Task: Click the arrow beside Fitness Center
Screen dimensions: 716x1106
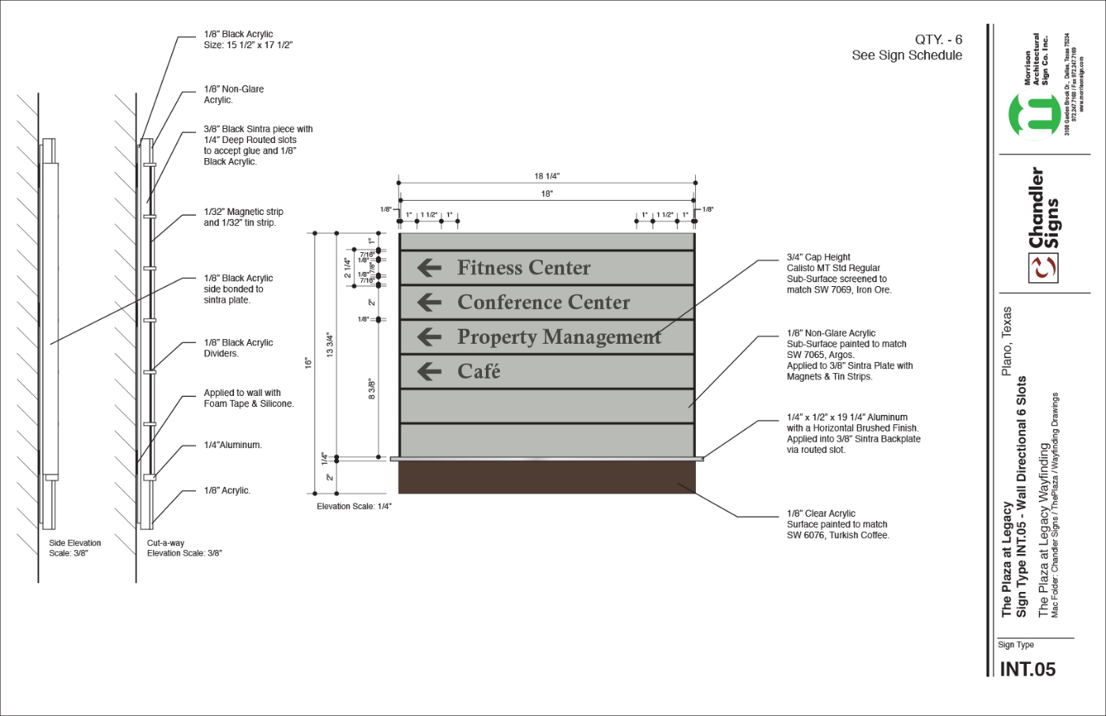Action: [429, 268]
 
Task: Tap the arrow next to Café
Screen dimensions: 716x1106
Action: [429, 371]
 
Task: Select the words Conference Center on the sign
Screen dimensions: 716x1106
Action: [544, 303]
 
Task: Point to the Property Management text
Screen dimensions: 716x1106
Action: [559, 337]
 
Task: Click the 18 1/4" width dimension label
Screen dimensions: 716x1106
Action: [547, 176]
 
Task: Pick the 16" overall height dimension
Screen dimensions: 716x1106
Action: [308, 363]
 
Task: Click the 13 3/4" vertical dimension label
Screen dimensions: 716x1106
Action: [330, 345]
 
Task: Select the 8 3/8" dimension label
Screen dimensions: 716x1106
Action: [372, 389]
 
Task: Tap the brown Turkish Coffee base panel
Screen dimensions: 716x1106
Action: [547, 477]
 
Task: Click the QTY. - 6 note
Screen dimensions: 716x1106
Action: [939, 40]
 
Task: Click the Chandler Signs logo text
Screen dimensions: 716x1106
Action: [1044, 209]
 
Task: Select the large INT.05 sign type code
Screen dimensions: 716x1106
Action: [1027, 669]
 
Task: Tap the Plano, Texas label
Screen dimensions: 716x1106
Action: [1006, 341]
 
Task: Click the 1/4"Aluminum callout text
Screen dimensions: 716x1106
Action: [232, 446]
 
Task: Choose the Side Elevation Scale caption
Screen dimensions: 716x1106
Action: [75, 548]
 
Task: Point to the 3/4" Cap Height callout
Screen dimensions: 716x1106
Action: [818, 258]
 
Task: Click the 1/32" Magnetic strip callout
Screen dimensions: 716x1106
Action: [243, 217]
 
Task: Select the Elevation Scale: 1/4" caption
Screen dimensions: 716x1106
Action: [354, 507]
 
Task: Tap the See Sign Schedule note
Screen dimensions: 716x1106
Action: [907, 55]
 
